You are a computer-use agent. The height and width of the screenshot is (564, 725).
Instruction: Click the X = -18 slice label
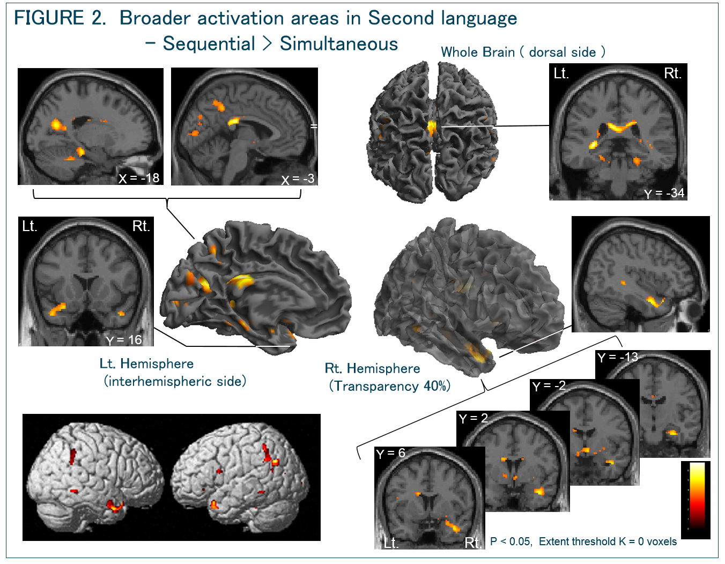click(139, 178)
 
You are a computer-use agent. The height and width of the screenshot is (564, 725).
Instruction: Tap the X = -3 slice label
click(298, 179)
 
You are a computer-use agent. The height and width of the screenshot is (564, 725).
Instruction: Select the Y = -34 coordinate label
click(664, 193)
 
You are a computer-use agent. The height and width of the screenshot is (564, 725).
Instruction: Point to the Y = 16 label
click(124, 340)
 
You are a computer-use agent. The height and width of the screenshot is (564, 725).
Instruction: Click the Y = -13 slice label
click(617, 357)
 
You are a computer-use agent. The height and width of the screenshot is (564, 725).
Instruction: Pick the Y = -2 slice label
click(549, 386)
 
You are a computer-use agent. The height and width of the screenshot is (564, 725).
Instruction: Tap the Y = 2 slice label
click(474, 418)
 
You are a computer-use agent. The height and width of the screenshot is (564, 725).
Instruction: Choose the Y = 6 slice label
click(390, 454)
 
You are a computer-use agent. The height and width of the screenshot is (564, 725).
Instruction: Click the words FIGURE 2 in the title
click(60, 18)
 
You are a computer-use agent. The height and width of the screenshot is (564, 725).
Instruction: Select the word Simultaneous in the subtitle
click(338, 44)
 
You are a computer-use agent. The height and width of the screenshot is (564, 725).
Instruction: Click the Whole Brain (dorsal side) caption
click(523, 52)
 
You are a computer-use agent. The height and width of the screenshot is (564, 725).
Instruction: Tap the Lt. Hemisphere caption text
click(146, 363)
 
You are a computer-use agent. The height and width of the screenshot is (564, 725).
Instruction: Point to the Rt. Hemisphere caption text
click(372, 368)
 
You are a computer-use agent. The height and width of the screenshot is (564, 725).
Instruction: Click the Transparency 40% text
click(389, 386)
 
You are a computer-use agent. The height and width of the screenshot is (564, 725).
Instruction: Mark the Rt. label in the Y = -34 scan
click(672, 73)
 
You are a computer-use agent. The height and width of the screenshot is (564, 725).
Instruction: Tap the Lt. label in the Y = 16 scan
click(29, 226)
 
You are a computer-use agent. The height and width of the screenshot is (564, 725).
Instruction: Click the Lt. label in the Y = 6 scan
click(391, 543)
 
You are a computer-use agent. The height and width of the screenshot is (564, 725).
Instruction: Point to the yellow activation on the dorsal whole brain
click(431, 127)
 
